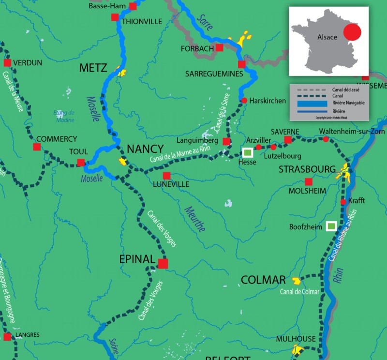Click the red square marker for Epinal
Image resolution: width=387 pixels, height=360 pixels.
click(163, 263)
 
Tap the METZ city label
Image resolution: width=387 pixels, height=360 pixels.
click(93, 68)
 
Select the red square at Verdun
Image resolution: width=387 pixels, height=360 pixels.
click(7, 62)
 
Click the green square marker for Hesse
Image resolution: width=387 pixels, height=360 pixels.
click(248, 152)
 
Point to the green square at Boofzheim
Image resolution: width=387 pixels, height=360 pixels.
click(331, 225)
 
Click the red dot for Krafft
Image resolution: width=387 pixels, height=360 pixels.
click(343, 202)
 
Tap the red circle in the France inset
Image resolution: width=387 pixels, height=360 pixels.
click(352, 33)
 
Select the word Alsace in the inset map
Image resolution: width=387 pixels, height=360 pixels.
click(327, 37)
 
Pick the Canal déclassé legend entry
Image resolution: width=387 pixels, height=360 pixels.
click(346, 90)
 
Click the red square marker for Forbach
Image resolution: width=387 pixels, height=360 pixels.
click(220, 47)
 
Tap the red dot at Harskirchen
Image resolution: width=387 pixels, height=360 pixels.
click(244, 100)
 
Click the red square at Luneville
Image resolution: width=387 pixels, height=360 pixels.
click(166, 175)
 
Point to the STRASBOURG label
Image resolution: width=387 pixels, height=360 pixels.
click(307, 169)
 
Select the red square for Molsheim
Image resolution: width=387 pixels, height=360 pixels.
click(309, 181)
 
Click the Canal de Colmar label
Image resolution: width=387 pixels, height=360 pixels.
click(299, 291)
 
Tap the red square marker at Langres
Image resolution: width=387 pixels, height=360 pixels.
click(7, 336)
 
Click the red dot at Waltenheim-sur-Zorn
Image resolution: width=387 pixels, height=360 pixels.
click(326, 139)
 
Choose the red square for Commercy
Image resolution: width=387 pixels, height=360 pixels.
click(37, 147)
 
